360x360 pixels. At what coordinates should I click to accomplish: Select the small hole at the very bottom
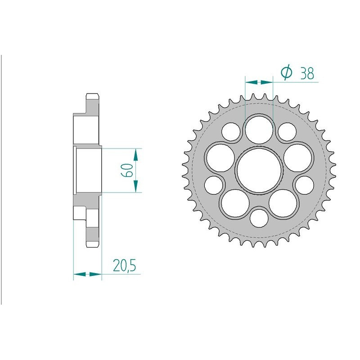(x=259, y=218)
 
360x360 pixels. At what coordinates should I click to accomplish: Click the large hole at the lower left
(x=234, y=203)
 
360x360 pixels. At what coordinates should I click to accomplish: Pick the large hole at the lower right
(x=283, y=203)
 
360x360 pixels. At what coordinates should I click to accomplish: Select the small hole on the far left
(x=214, y=184)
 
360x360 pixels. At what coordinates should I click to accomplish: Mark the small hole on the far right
(x=305, y=184)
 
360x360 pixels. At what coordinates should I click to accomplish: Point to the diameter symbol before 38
(x=287, y=73)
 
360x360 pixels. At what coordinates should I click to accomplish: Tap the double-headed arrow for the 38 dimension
(x=259, y=82)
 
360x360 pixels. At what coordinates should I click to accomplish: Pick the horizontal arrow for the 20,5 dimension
(x=88, y=273)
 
